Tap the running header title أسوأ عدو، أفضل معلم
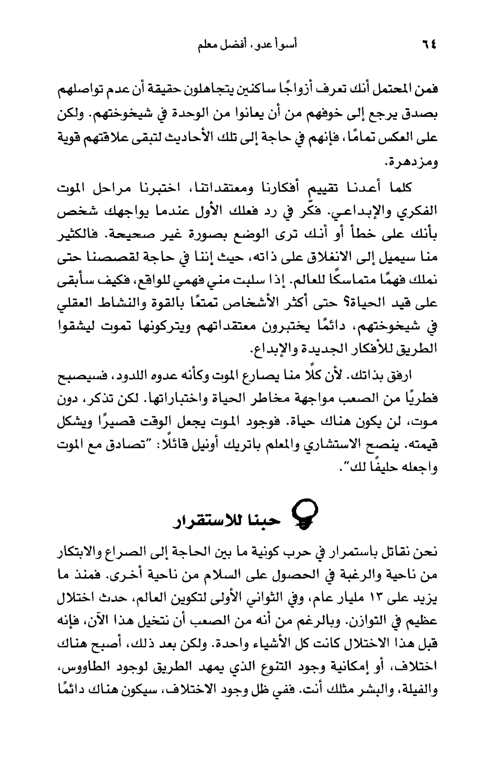(x=247, y=45)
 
